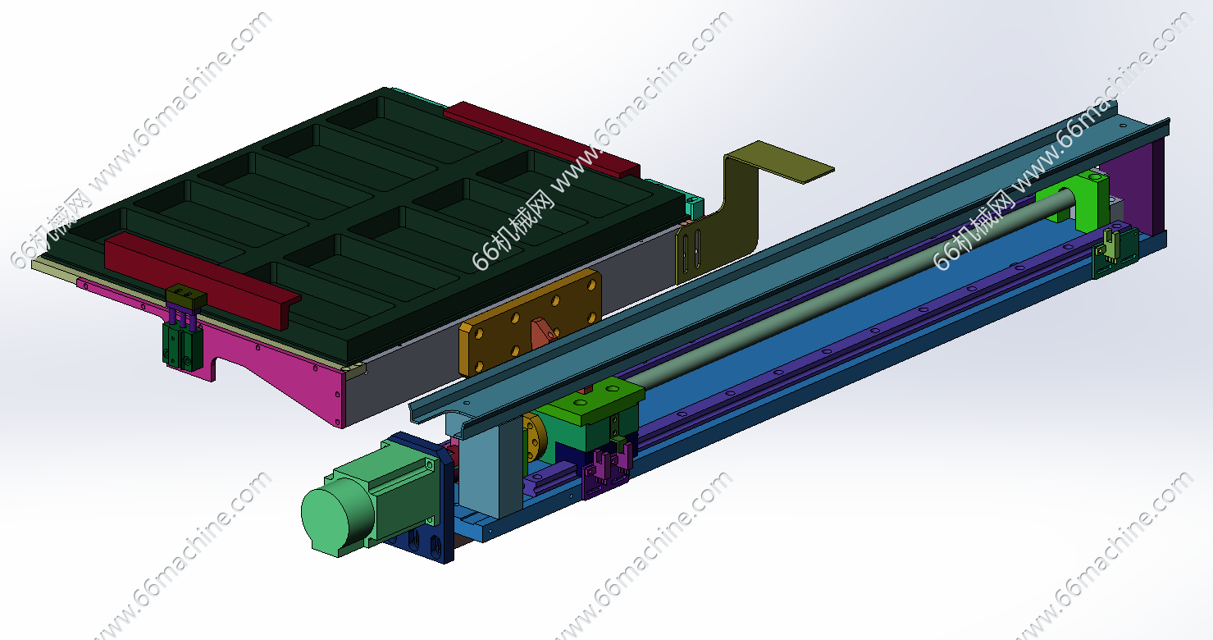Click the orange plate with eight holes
click(x=530, y=323)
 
